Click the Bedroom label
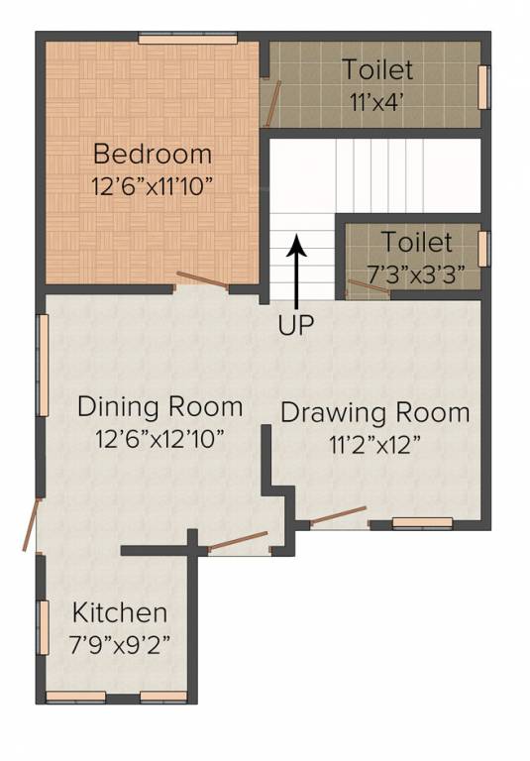coord(152,155)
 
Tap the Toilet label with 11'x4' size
coord(376,70)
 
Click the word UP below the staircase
coord(295,326)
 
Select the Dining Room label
coord(159,407)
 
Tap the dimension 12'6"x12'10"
coord(159,437)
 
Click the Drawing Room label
coord(374,413)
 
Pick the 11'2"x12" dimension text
coord(375,443)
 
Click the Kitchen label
coord(120,611)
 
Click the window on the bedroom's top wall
coord(188,39)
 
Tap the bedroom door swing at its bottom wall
coord(202,281)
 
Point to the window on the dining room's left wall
coord(43,366)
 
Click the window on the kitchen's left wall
coord(43,626)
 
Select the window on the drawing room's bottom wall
coord(422,522)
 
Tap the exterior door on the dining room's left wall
coord(33,524)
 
